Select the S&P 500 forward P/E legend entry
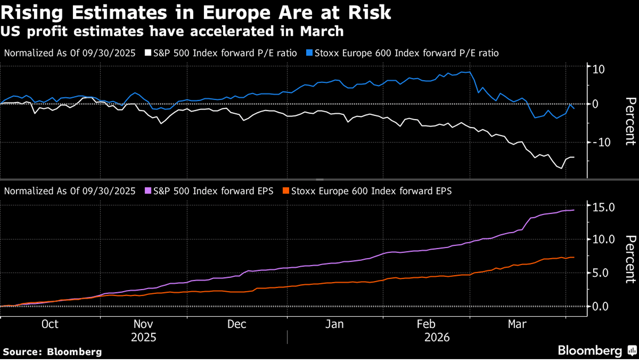click(221, 53)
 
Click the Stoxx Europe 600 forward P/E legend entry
click(402, 53)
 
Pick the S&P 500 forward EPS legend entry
click(209, 191)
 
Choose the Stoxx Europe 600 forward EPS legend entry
click(367, 191)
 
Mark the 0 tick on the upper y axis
click(595, 104)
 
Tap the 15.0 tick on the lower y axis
click(603, 207)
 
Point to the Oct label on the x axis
click(50, 324)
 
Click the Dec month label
click(237, 324)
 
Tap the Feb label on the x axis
click(426, 324)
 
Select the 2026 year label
click(437, 337)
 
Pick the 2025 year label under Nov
click(143, 337)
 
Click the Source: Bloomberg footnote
click(52, 352)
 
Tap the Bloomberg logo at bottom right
click(597, 350)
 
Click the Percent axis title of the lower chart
click(630, 259)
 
